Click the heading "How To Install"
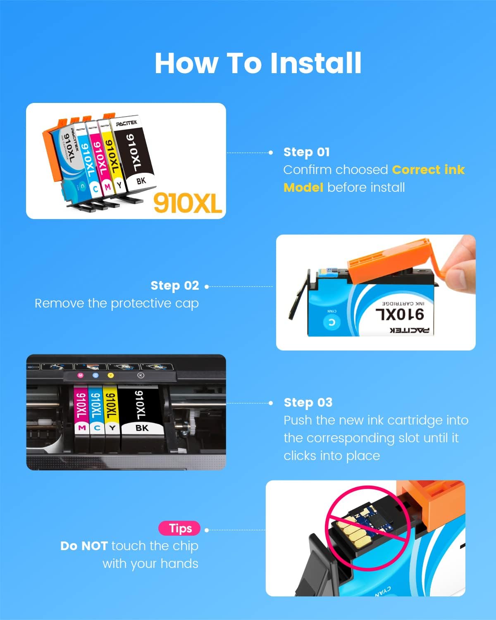pos(258,63)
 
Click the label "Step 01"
pos(306,152)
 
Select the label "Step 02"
pos(174,286)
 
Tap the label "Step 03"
pos(308,403)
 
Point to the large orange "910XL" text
pos(188,203)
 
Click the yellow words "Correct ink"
pos(428,170)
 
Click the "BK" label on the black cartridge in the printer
pos(142,428)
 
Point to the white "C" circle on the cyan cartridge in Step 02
pos(331,322)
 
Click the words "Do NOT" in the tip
pos(84,546)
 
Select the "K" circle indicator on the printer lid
pos(141,375)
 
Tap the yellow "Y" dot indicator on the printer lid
pos(110,375)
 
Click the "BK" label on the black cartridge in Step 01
pos(141,181)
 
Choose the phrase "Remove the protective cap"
pos(117,303)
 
